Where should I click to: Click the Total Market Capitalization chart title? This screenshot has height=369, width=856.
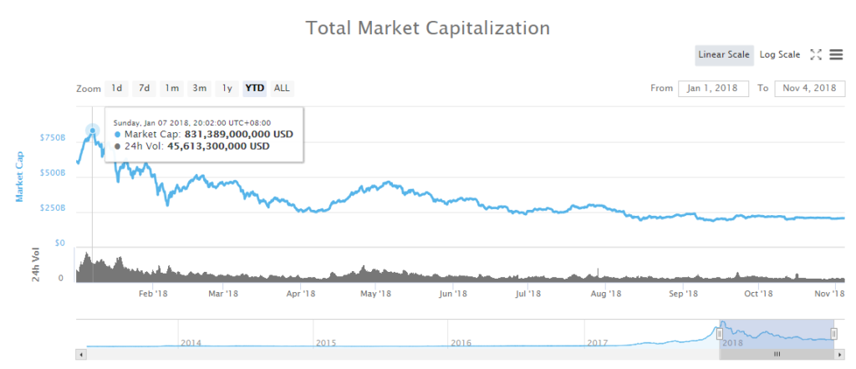[x=427, y=28]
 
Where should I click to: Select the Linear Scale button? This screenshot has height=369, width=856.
[x=724, y=55]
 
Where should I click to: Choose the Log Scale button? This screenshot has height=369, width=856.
[x=779, y=55]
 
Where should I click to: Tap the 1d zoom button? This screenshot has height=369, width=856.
[x=117, y=88]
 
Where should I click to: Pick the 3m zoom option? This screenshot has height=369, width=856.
[x=200, y=88]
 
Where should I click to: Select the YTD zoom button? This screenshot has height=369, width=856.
[x=253, y=88]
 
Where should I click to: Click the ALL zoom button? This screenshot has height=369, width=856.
[x=283, y=88]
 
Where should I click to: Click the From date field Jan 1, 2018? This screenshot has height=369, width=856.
[x=713, y=88]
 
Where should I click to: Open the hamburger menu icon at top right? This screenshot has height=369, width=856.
[x=836, y=55]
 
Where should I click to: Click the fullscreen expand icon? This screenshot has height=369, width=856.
[x=817, y=55]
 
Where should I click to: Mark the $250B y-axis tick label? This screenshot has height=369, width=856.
[x=52, y=208]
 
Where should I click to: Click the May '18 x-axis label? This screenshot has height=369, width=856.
[x=377, y=294]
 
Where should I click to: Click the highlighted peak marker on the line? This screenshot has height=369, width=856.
[x=92, y=131]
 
